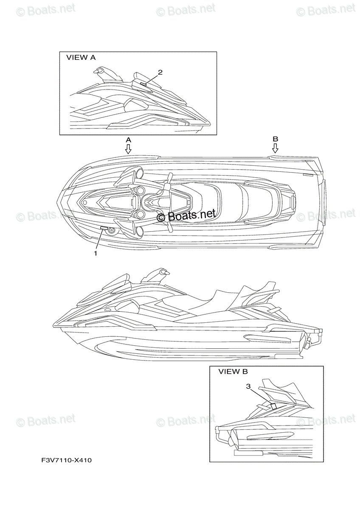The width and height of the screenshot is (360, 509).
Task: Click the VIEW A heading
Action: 81,58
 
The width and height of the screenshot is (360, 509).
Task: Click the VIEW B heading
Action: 233,372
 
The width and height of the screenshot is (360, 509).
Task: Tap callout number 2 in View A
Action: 160,72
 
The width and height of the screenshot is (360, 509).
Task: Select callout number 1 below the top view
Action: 96,253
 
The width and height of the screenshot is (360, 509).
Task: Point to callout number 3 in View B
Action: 248,386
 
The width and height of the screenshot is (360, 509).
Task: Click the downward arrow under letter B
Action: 275,148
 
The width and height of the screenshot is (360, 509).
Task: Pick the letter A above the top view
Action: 128,139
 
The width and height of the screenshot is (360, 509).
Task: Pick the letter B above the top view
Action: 275,139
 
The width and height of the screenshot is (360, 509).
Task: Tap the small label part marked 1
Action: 104,229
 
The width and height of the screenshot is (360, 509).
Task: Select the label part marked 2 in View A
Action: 143,84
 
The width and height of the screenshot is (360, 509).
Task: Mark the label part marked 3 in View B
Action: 274,406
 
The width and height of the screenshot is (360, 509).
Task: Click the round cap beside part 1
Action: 112,230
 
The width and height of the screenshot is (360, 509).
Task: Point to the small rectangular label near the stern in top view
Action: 308,174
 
